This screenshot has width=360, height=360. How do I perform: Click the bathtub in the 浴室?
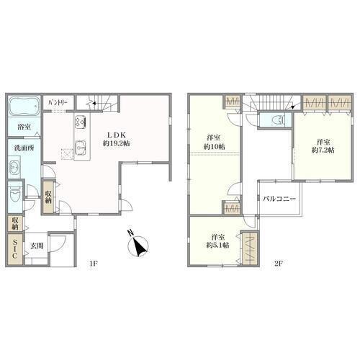click(24, 107)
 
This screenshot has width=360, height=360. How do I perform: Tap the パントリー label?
click(58, 103)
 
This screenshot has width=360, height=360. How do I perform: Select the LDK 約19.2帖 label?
click(117, 139)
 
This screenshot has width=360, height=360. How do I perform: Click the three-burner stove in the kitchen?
click(81, 122)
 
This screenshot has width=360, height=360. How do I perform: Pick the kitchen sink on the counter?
click(81, 148)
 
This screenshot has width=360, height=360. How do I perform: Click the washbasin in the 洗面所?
click(14, 166)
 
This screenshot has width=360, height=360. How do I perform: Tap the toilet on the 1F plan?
click(15, 197)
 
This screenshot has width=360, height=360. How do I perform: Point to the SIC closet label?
click(14, 249)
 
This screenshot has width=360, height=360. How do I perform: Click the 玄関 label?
click(37, 246)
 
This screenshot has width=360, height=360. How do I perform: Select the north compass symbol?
click(138, 245)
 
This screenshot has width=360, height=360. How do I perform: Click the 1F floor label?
click(93, 264)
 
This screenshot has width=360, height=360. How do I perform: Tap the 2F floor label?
click(279, 264)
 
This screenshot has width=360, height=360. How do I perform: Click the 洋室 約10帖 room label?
click(215, 143)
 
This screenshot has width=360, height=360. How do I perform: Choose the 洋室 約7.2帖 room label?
click(323, 146)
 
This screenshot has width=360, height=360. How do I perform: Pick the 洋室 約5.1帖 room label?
click(218, 241)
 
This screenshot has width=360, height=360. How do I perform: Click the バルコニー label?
click(279, 199)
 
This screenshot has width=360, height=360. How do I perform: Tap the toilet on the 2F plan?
click(279, 120)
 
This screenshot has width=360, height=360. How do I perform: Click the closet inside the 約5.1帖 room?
click(251, 248)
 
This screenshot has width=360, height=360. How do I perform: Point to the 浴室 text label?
click(24, 127)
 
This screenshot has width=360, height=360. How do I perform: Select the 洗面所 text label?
click(24, 148)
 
